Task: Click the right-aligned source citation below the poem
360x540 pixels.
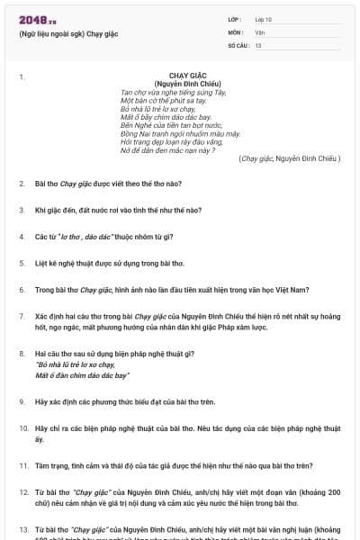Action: pos(289,158)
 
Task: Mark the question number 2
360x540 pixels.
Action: pos(22,184)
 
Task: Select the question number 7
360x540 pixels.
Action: pos(22,316)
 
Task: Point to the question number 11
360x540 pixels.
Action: pos(22,466)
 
